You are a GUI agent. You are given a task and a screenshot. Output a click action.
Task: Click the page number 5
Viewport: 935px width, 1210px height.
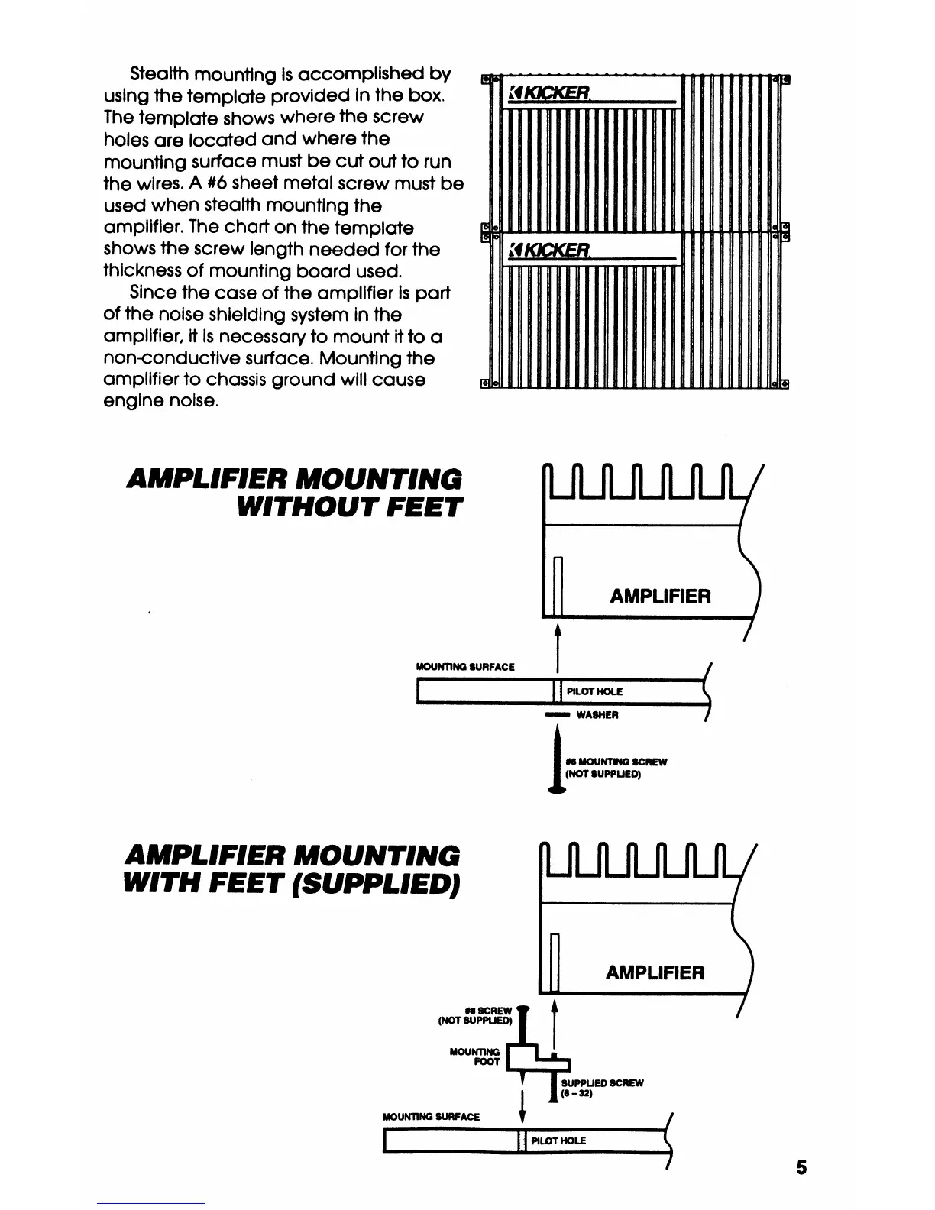(x=801, y=1167)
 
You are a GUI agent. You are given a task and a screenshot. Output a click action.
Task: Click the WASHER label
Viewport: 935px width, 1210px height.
(x=597, y=715)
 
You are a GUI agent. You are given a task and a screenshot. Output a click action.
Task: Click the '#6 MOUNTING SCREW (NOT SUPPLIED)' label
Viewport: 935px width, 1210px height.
(x=616, y=768)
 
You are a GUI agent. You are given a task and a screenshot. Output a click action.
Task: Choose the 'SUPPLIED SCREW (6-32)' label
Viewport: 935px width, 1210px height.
(x=602, y=1088)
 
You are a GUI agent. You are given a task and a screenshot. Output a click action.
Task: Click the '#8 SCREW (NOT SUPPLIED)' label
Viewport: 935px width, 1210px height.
(x=474, y=1015)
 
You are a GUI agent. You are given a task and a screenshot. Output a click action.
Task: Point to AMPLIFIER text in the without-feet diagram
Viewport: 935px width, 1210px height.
(x=660, y=597)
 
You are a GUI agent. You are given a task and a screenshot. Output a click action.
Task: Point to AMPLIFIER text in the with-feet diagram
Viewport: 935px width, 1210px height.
(x=655, y=972)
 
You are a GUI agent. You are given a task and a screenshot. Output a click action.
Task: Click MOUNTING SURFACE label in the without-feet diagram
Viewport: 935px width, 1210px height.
(x=465, y=667)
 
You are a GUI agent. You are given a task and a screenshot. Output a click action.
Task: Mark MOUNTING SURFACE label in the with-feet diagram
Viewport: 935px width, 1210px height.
(x=431, y=1116)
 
